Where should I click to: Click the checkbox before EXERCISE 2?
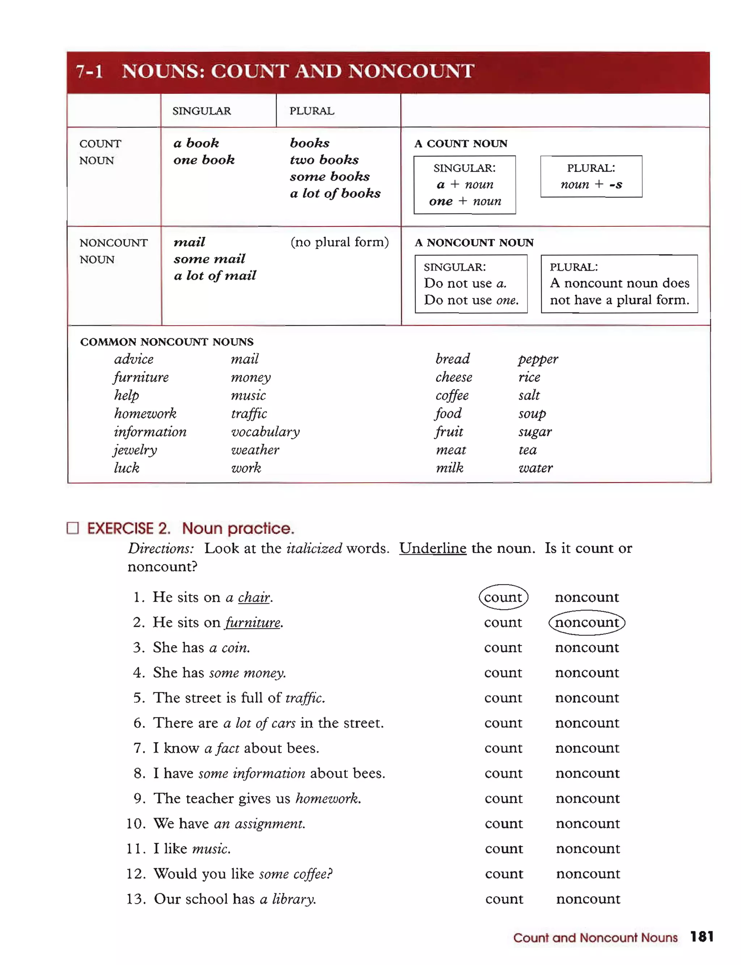[x=73, y=528]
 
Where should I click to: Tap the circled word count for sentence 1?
[x=503, y=597]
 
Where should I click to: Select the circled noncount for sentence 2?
[x=587, y=622]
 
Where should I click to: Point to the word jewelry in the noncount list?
[x=135, y=449]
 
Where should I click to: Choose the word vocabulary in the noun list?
[x=265, y=431]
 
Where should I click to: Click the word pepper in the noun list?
[x=538, y=359]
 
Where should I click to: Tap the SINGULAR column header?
[x=202, y=111]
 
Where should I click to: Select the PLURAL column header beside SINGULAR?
[x=312, y=111]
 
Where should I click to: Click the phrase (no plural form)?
[x=339, y=242]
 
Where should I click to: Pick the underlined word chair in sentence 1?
[x=254, y=597]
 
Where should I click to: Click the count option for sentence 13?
[x=504, y=899]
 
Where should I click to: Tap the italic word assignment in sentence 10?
[x=269, y=824]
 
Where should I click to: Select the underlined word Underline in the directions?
[x=433, y=548]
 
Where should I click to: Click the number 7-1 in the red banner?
[x=89, y=71]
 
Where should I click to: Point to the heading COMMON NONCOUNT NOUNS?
[x=167, y=342]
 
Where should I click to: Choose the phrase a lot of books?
[x=335, y=193]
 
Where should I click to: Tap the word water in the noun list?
[x=535, y=468]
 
